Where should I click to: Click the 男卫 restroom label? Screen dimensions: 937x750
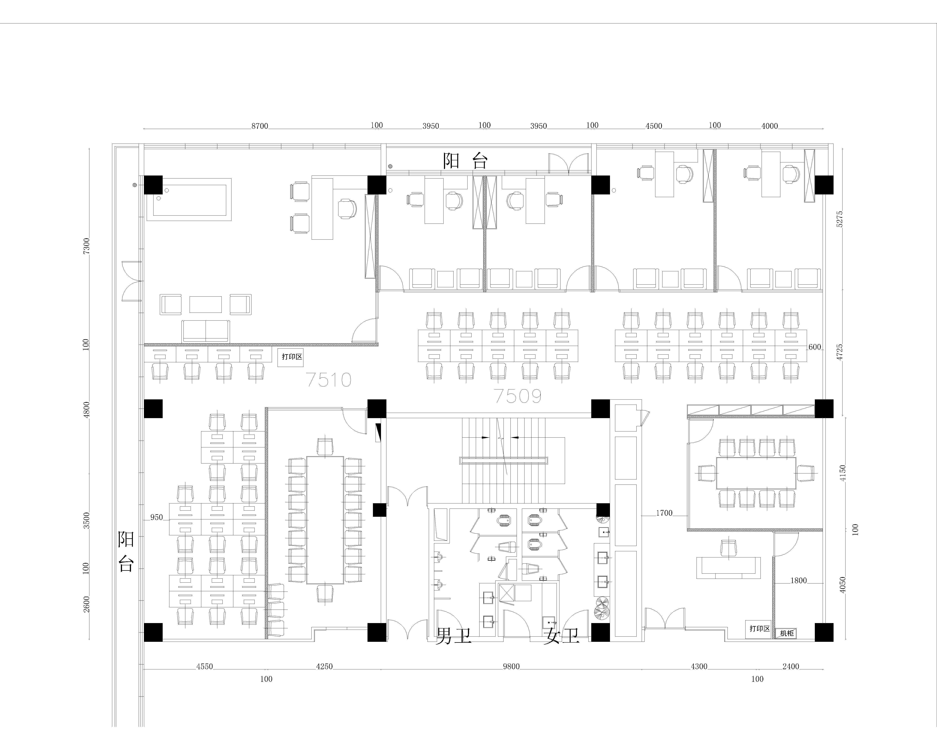(x=454, y=636)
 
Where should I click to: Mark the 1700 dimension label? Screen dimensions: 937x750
(x=664, y=513)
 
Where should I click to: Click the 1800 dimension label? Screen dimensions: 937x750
(x=798, y=580)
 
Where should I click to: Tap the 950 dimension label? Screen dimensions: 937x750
(x=156, y=517)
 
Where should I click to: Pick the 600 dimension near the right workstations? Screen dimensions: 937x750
(x=815, y=347)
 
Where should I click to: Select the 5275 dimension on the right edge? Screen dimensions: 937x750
(x=840, y=219)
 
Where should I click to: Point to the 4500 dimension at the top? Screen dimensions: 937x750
(x=654, y=126)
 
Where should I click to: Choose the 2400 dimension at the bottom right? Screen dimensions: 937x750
(x=790, y=667)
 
